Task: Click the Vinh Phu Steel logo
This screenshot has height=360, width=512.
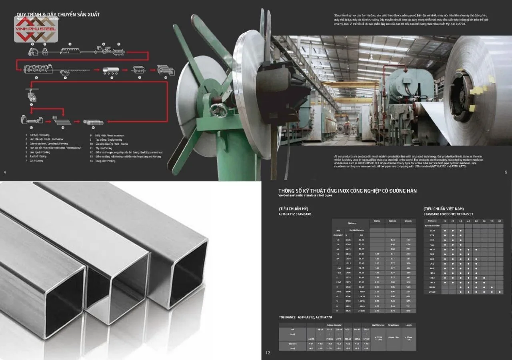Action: (36, 30)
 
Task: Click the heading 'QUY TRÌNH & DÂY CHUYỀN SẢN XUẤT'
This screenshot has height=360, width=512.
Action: (58, 14)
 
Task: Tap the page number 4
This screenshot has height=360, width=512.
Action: (4, 172)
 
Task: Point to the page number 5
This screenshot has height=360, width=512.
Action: (506, 172)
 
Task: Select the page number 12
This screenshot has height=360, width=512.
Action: (268, 353)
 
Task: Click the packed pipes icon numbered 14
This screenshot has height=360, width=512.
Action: (93, 122)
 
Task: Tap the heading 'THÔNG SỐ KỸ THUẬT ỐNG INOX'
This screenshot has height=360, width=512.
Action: (347, 191)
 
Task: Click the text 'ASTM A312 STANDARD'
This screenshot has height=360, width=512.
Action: (295, 214)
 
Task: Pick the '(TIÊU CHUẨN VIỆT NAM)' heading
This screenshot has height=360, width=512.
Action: (444, 209)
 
